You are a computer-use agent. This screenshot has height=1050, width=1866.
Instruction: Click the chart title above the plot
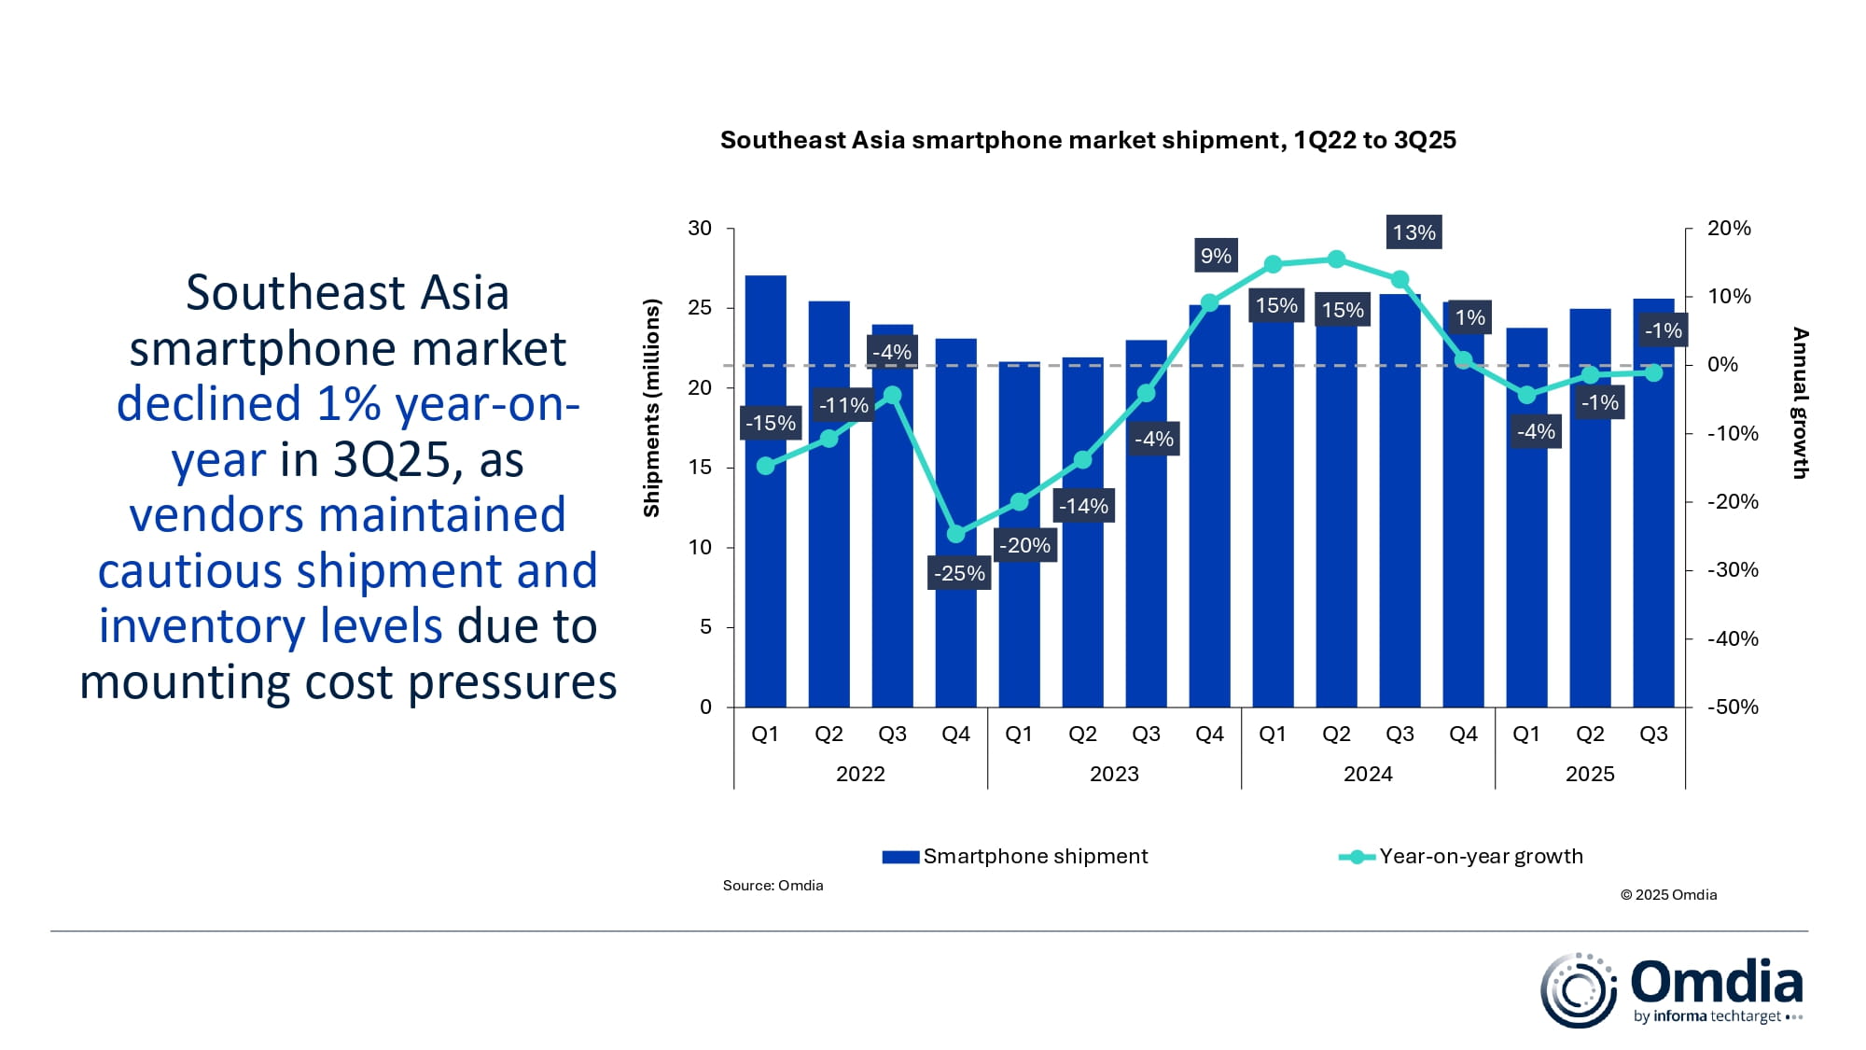(1087, 140)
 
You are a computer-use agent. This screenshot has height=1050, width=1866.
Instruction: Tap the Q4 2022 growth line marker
(955, 534)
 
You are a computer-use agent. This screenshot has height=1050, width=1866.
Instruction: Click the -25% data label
(959, 573)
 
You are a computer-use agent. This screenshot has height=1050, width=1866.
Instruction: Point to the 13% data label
(1413, 232)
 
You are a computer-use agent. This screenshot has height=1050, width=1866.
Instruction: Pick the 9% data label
(1216, 256)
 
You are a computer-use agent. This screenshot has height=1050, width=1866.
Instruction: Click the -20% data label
(1024, 545)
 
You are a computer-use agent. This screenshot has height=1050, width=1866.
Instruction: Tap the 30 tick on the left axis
(700, 229)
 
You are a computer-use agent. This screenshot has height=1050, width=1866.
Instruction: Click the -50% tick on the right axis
(1733, 707)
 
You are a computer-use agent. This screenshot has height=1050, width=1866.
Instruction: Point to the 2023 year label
(1114, 774)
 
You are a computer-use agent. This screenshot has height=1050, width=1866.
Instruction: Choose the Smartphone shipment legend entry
(1016, 856)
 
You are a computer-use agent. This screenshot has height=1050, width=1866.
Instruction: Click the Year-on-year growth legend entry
(1462, 856)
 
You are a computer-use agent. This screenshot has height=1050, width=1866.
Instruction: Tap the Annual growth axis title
(1800, 403)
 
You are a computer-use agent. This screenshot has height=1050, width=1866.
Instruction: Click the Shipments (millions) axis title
(651, 408)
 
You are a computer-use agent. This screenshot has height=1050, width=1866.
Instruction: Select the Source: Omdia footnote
(773, 885)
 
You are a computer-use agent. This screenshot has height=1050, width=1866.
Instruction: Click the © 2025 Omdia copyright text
(1668, 894)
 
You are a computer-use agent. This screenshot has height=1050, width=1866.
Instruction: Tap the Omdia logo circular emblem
(1578, 990)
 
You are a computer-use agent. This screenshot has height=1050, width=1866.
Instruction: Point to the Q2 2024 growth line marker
(1336, 259)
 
